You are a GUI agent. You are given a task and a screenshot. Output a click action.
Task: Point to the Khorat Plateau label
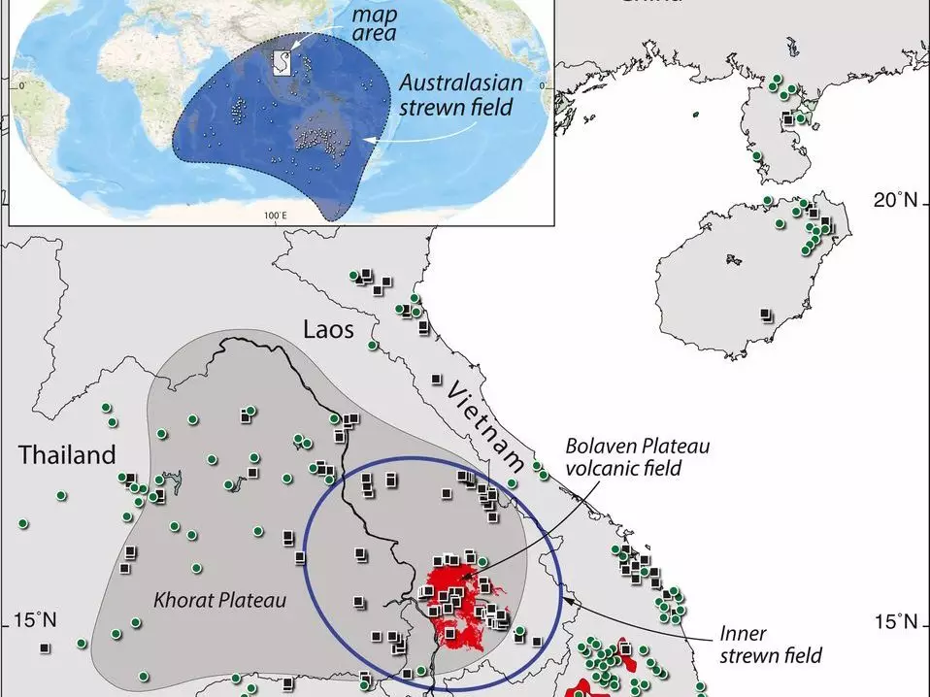pyautogui.click(x=220, y=601)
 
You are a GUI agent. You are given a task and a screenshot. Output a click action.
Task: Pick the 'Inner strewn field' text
pyautogui.click(x=770, y=645)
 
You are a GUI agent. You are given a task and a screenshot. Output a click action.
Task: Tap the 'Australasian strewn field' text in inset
pyautogui.click(x=455, y=95)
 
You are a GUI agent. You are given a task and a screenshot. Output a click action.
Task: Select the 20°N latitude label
pyautogui.click(x=894, y=201)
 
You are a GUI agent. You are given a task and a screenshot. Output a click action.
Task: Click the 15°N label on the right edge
pyautogui.click(x=894, y=621)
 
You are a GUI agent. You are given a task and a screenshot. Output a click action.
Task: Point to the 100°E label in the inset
pyautogui.click(x=276, y=214)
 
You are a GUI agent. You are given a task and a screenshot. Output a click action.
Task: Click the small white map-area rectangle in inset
pyautogui.click(x=280, y=63)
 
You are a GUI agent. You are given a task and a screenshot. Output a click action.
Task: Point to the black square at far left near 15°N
pyautogui.click(x=45, y=647)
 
